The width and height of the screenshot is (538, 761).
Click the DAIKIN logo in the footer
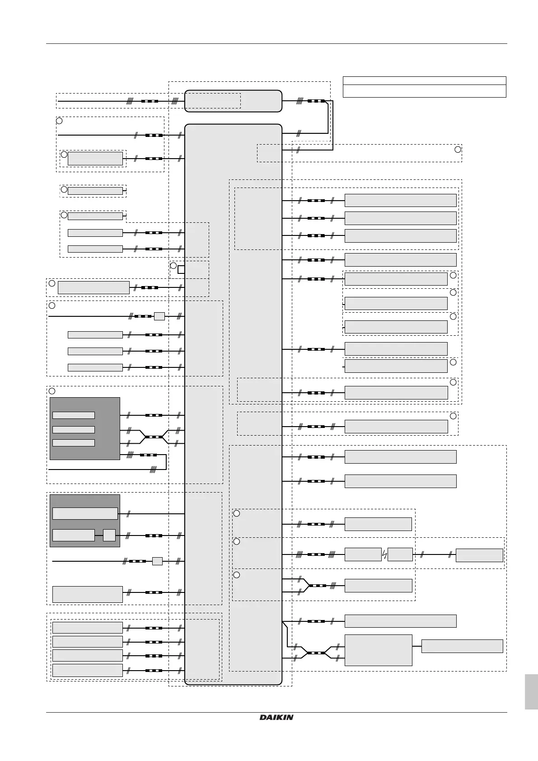tap(276, 717)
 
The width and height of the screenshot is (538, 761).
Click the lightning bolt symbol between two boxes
tap(384, 554)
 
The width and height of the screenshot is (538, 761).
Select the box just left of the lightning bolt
tap(363, 554)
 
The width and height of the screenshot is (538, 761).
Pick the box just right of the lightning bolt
tap(400, 554)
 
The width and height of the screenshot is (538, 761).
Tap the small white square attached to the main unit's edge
tap(181, 270)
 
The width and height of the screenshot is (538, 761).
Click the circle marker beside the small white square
tap(173, 265)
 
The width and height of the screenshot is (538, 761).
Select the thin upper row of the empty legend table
tap(424, 81)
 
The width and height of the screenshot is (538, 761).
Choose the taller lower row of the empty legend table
tap(424, 91)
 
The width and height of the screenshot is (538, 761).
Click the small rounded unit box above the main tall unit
tap(233, 101)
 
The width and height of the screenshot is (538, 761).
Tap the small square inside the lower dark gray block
tap(109, 535)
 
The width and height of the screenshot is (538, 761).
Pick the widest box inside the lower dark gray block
tap(85, 513)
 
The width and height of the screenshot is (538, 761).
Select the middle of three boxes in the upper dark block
tap(74, 430)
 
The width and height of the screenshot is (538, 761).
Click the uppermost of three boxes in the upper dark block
tap(74, 415)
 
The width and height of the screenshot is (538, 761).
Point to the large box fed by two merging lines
tap(378, 650)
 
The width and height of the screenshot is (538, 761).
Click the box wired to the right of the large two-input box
tap(462, 646)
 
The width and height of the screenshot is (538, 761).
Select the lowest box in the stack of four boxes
tap(87, 670)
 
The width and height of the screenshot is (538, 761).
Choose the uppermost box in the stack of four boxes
tap(87, 628)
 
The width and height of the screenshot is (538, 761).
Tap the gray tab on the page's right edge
tap(531, 691)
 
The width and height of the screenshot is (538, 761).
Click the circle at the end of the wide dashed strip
tap(458, 150)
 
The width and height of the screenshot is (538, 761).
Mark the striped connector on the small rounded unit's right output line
tap(316, 101)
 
